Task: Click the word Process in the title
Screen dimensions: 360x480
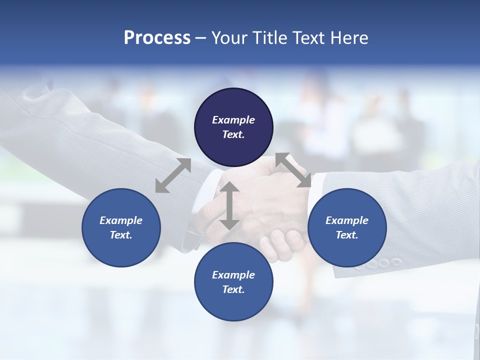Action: click(157, 38)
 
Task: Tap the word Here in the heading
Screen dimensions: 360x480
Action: click(348, 38)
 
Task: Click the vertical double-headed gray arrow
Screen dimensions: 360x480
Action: click(229, 205)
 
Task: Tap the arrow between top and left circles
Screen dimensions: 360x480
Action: click(173, 175)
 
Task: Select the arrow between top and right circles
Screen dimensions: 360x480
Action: click(293, 170)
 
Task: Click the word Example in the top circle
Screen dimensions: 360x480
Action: click(233, 120)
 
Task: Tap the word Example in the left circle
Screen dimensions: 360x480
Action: click(121, 220)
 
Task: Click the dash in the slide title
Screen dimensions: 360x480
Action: click(200, 38)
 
